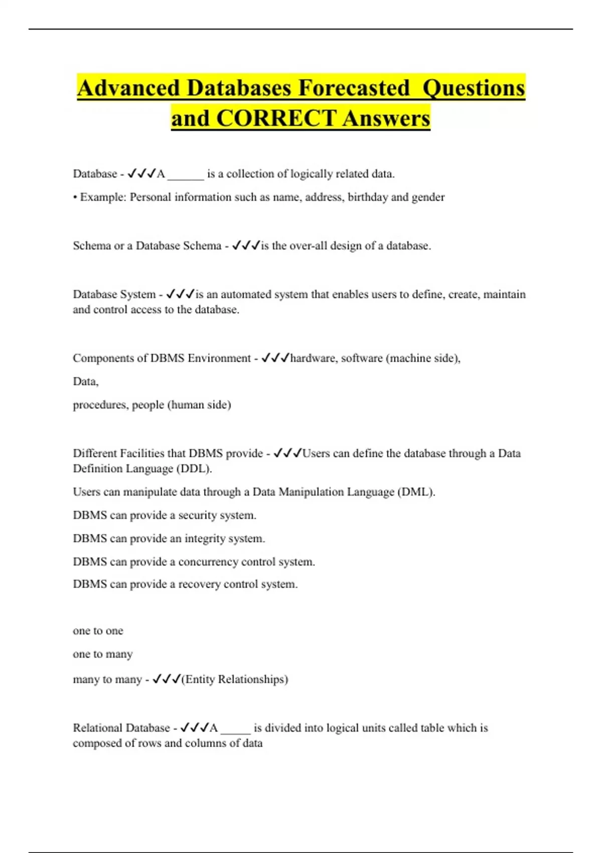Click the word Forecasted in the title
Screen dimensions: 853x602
354,88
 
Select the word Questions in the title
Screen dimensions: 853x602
474,88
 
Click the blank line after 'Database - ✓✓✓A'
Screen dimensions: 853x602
186,176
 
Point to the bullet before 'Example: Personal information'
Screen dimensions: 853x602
75,197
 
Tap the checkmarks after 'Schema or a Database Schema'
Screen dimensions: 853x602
245,246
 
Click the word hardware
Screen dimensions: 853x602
314,358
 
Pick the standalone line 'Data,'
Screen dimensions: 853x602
86,382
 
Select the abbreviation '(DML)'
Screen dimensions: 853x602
416,492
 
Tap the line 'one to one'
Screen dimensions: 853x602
98,631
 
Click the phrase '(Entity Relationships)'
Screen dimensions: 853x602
235,679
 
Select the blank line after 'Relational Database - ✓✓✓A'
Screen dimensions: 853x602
235,730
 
